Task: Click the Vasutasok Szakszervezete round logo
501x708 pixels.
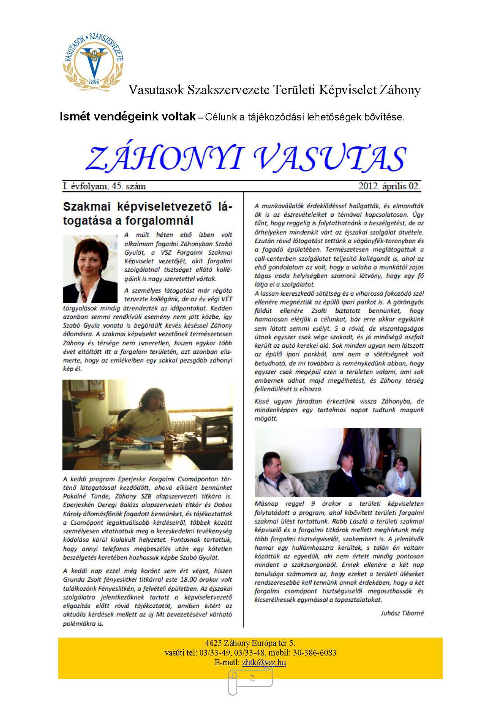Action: pyautogui.click(x=94, y=62)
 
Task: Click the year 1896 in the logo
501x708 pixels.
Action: pyautogui.click(x=94, y=81)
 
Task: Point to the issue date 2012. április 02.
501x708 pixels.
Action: pyautogui.click(x=389, y=186)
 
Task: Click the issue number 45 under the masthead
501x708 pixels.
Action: pyautogui.click(x=117, y=186)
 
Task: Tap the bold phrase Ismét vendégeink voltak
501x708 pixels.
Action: pyautogui.click(x=128, y=117)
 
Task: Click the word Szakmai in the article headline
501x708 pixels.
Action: pyautogui.click(x=87, y=207)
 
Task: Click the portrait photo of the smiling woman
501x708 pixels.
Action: pyautogui.click(x=90, y=269)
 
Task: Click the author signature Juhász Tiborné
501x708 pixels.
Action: pyautogui.click(x=402, y=613)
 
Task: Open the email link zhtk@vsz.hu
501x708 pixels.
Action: pyautogui.click(x=264, y=663)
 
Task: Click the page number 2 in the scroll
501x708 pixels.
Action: pyautogui.click(x=252, y=678)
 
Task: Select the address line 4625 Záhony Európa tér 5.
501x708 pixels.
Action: pyautogui.click(x=250, y=643)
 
